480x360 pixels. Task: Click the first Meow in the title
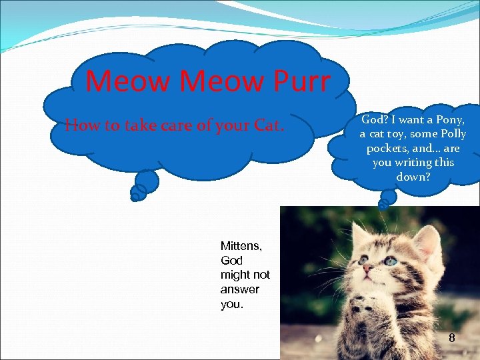[x=129, y=81]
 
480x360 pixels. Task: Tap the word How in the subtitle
[x=80, y=125]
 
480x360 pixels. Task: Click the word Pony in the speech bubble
[x=449, y=120]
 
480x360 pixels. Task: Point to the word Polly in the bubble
[x=451, y=134]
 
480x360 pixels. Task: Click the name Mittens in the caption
[x=241, y=246]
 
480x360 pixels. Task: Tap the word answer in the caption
[x=240, y=289]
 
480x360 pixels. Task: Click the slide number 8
[x=451, y=338]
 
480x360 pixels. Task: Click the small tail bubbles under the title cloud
[x=143, y=185]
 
